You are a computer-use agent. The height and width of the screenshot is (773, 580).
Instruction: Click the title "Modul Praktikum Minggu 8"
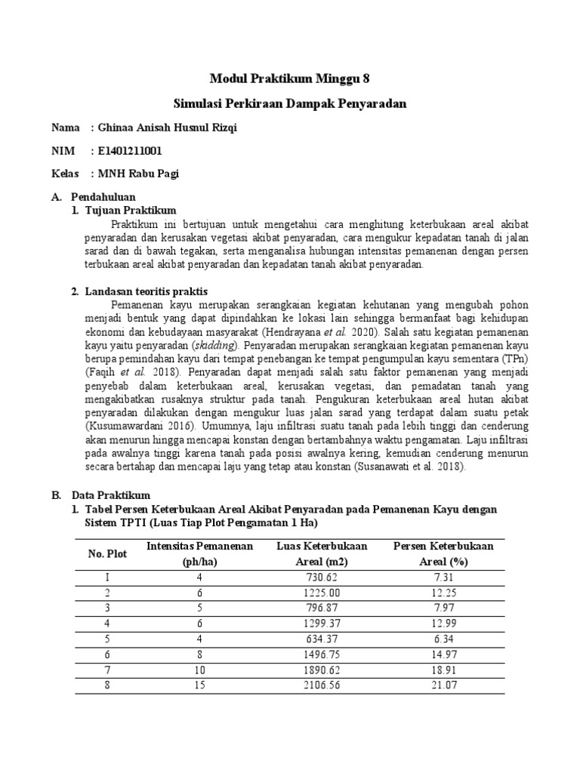[290, 78]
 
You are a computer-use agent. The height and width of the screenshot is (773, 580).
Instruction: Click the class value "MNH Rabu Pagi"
[139, 174]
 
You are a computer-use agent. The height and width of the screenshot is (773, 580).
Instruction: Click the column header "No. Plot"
[107, 553]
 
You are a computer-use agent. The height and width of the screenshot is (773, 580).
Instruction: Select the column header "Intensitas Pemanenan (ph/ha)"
[200, 553]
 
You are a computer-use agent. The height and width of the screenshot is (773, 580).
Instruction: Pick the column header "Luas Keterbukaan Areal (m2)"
[322, 553]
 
